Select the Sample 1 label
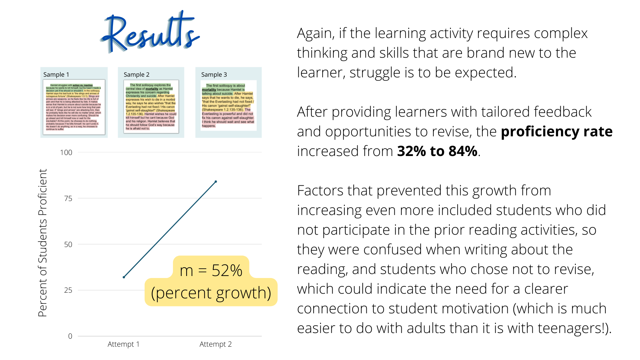pos(56,75)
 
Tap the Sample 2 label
pos(136,75)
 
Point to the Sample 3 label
pos(214,75)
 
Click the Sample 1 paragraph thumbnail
pos(74,107)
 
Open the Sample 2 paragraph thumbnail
pos(151,107)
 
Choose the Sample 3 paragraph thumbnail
pos(228,106)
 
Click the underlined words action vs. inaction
pos(83,85)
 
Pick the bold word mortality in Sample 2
pos(152,89)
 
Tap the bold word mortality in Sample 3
pos(209,90)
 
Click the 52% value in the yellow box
pos(227,271)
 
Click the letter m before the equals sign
pos(186,271)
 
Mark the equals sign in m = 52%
pos(202,271)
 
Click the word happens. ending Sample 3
pos(209,126)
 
